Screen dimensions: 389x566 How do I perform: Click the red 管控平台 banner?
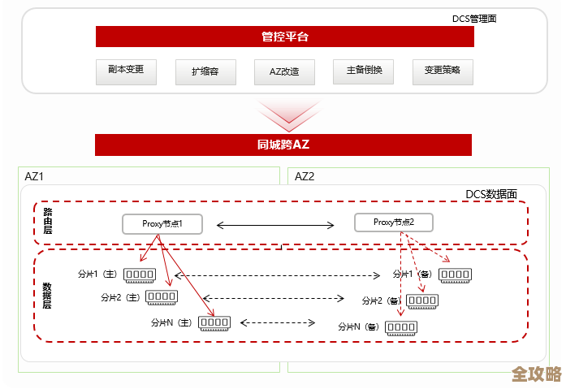click(x=283, y=37)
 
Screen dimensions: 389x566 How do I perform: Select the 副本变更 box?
click(x=126, y=71)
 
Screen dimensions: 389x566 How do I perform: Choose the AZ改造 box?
click(x=284, y=71)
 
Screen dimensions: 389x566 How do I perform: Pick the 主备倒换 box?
click(x=363, y=71)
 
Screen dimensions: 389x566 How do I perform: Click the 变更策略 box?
click(x=442, y=71)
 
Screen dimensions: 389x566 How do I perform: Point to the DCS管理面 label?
click(x=474, y=18)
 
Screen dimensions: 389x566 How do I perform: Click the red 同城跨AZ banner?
click(x=283, y=145)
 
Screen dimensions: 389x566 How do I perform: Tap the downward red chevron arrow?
click(x=283, y=115)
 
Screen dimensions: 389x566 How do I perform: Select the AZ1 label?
click(x=35, y=176)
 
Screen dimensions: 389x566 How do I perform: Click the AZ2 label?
click(x=305, y=176)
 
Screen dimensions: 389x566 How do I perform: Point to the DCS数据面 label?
click(x=490, y=194)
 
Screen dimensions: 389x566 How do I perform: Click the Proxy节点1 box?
click(x=162, y=223)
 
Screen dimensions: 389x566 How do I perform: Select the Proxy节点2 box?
click(x=394, y=223)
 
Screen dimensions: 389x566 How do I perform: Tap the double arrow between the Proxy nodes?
click(x=276, y=225)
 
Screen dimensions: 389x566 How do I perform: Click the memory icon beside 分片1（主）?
click(x=140, y=275)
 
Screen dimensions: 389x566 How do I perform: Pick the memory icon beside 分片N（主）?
click(x=214, y=322)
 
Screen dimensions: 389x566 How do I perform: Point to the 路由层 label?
click(x=48, y=221)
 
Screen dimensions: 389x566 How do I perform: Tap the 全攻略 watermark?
click(x=537, y=374)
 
